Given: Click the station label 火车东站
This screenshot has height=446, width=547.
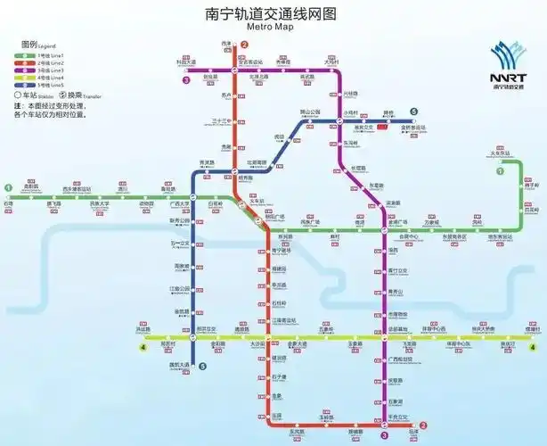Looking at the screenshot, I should [x=504, y=153].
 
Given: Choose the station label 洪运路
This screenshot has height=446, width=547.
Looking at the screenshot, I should [x=145, y=329].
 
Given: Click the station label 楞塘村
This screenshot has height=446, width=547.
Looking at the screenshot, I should [x=533, y=329].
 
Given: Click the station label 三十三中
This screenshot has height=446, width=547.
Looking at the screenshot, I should [x=221, y=120].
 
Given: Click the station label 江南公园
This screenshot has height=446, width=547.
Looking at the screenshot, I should [x=180, y=288].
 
